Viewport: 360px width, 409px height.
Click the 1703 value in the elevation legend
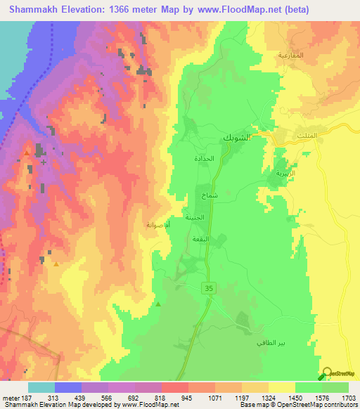point(349,397)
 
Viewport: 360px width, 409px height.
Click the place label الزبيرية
point(281,172)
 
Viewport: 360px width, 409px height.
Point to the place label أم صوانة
point(157,225)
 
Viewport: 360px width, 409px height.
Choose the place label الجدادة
point(204,159)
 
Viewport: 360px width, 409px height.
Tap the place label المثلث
point(308,135)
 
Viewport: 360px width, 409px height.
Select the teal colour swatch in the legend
point(41,387)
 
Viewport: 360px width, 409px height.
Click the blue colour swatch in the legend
point(68,387)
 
